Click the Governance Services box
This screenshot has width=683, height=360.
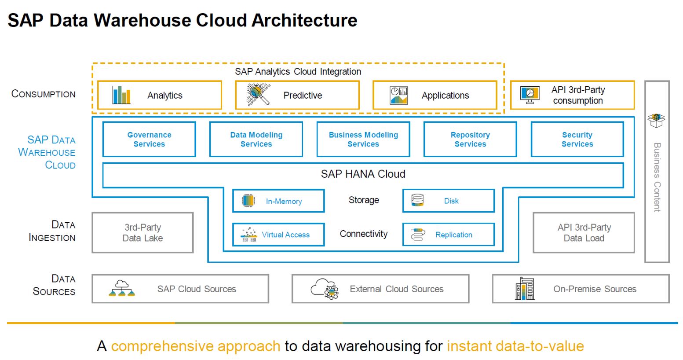pyautogui.click(x=149, y=139)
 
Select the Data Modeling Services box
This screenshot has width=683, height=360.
pyautogui.click(x=256, y=139)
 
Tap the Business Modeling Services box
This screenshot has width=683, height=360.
pyautogui.click(x=363, y=139)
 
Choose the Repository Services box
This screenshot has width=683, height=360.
pyautogui.click(x=470, y=139)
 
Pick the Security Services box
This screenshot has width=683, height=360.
pyautogui.click(x=577, y=139)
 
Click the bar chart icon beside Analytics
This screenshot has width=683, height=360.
pyautogui.click(x=121, y=95)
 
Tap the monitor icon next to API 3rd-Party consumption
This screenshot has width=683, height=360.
pyautogui.click(x=530, y=95)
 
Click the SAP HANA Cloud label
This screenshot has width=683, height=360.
pyautogui.click(x=363, y=174)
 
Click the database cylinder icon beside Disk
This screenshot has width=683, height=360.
pyautogui.click(x=417, y=200)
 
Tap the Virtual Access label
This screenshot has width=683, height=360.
pyautogui.click(x=285, y=235)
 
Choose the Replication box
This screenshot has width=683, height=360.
pyautogui.click(x=449, y=235)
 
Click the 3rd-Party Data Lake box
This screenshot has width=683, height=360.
pyautogui.click(x=142, y=233)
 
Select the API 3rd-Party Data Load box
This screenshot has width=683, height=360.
pyautogui.click(x=584, y=233)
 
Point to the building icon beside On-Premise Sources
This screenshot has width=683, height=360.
pyautogui.click(x=525, y=289)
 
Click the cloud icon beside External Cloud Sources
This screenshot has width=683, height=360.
pyautogui.click(x=324, y=289)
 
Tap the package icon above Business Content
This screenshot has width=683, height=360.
pyautogui.click(x=656, y=120)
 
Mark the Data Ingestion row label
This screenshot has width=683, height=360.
pyautogui.click(x=52, y=231)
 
